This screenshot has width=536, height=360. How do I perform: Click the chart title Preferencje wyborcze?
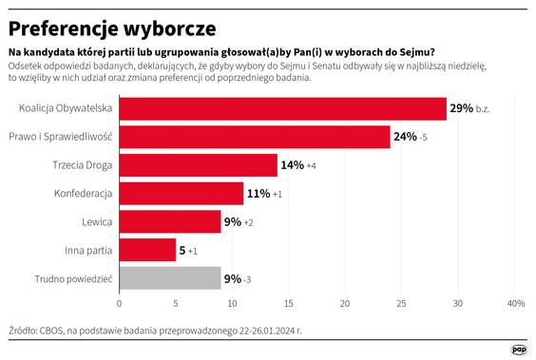point(112,26)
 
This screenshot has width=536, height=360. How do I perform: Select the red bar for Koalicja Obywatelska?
point(282,109)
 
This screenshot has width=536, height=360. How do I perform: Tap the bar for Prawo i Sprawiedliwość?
point(254,137)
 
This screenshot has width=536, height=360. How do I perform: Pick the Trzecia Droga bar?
point(198,165)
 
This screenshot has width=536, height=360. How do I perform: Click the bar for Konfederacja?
point(181,194)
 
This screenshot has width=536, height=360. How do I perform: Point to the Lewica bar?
point(169,222)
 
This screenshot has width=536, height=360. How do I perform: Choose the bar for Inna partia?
point(147,251)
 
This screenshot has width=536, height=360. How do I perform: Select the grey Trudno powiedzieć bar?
point(169,279)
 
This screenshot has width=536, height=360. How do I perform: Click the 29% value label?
point(462,109)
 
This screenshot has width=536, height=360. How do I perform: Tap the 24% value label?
point(405,137)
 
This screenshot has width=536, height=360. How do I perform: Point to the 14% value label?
point(292,165)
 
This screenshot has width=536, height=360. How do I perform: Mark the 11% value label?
point(258,194)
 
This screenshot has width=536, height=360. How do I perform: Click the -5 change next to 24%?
point(424,138)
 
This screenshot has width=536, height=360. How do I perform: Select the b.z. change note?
point(486,109)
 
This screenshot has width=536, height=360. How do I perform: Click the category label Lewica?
point(98,222)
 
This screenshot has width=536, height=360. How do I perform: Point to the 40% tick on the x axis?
point(516,304)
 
